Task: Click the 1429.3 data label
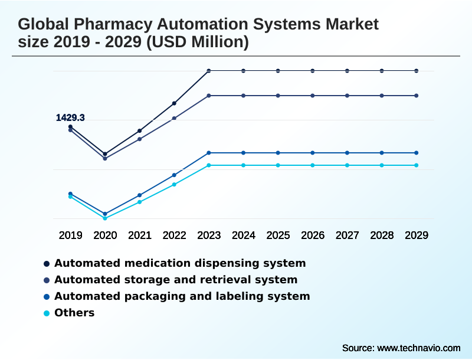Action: click(x=70, y=118)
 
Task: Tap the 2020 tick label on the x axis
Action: click(x=105, y=235)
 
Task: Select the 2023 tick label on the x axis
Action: click(x=209, y=235)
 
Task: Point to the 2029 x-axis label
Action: click(x=417, y=235)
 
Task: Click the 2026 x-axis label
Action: click(x=313, y=235)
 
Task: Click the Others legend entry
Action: click(x=74, y=313)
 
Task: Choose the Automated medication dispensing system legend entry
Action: click(x=179, y=263)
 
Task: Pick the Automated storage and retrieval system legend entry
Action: click(x=175, y=280)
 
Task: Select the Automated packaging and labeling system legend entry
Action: click(x=182, y=296)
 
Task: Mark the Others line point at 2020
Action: click(x=105, y=218)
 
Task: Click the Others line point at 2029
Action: click(x=417, y=165)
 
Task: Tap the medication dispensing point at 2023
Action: click(x=209, y=71)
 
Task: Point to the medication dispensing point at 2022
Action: click(x=174, y=103)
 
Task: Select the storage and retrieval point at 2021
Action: click(x=140, y=139)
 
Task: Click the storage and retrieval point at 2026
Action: click(x=313, y=96)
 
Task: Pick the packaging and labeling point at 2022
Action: click(x=174, y=175)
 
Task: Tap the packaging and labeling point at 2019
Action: click(x=70, y=194)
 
